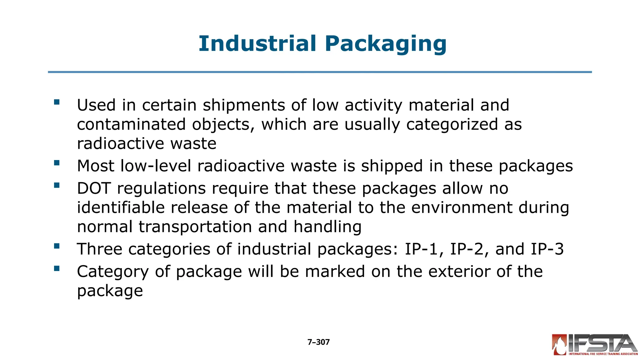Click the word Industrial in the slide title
(257, 43)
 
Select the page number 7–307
(318, 342)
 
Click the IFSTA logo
(595, 345)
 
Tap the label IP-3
(547, 249)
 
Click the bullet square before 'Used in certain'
(57, 102)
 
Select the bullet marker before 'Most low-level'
(57, 163)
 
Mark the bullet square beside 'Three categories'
(57, 246)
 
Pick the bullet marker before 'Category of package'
(57, 268)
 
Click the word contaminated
(131, 124)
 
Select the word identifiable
(121, 207)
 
